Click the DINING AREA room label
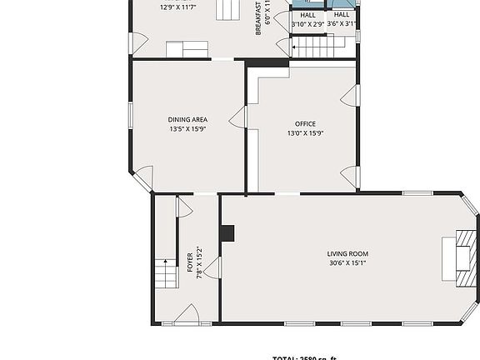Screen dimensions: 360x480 188,120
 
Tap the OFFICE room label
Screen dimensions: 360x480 305,124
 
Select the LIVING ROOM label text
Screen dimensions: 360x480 347,254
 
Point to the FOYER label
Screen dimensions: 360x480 190,262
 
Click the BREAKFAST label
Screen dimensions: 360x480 259,17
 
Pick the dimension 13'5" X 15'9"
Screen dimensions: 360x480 188,130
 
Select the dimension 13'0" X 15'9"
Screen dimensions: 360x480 305,133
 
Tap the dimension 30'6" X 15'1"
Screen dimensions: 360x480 347,263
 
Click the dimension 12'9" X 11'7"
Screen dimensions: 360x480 177,7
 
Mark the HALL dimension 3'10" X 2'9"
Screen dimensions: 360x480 307,25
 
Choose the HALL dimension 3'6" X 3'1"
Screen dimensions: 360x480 342,25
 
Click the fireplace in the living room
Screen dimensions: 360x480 461,257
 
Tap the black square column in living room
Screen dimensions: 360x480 227,233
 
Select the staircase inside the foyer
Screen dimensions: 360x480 166,272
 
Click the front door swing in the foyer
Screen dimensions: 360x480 187,315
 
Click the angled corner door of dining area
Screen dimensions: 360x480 142,178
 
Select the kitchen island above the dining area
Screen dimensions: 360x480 187,50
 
